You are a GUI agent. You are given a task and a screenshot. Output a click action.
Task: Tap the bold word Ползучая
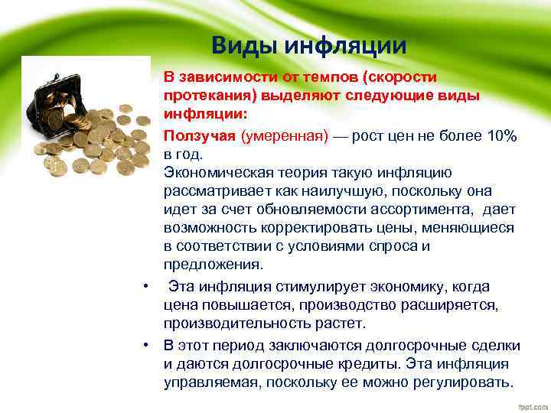pyautogui.click(x=199, y=135)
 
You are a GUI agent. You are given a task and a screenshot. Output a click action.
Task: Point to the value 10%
pyautogui.click(x=500, y=135)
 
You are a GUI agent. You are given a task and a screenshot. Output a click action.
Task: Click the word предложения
pyautogui.click(x=213, y=265)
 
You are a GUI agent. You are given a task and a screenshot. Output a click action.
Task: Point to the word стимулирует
pyautogui.click(x=324, y=286)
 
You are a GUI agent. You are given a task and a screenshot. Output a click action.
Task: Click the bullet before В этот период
pyautogui.click(x=145, y=345)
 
